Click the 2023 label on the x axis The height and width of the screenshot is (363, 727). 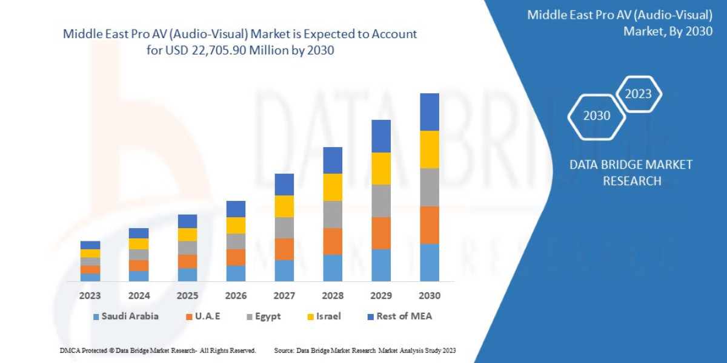tap(90, 296)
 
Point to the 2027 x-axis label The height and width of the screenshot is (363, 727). tap(284, 296)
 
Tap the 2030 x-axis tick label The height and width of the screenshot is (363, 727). tap(429, 296)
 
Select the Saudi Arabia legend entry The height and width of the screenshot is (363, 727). tap(125, 316)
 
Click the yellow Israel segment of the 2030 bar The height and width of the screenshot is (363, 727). tap(429, 149)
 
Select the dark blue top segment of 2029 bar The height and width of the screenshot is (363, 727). tap(381, 136)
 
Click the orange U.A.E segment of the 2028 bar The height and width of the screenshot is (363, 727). tap(333, 241)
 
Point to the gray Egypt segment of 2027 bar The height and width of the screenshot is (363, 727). tap(284, 227)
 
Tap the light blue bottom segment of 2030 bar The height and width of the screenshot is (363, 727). tap(429, 263)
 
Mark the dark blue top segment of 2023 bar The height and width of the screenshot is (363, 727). tap(90, 245)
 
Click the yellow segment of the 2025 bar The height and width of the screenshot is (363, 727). tap(187, 235)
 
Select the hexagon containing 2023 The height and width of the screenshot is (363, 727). tap(638, 94)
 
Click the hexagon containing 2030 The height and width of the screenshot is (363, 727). tap(596, 116)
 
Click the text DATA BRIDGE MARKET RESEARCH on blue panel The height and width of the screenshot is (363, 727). tap(631, 172)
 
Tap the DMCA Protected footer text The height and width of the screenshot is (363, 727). tap(158, 350)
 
